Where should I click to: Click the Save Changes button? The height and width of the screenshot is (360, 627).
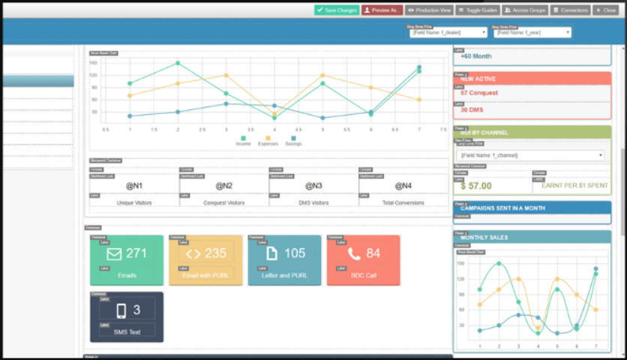337,10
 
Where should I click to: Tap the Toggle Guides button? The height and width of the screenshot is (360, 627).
477,10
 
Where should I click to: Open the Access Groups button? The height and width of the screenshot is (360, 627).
524,10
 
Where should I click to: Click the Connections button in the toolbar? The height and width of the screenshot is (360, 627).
570,10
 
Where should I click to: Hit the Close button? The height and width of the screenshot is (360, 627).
606,10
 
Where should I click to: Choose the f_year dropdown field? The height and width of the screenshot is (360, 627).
532,33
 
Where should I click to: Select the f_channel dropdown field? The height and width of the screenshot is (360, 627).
531,155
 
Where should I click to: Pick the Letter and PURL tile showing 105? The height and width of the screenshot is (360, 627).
284,260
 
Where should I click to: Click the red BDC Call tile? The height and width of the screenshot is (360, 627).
363,260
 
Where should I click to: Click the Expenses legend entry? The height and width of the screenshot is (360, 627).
267,143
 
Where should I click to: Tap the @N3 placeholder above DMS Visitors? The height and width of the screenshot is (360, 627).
313,185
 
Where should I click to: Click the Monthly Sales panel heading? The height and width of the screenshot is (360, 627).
484,237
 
